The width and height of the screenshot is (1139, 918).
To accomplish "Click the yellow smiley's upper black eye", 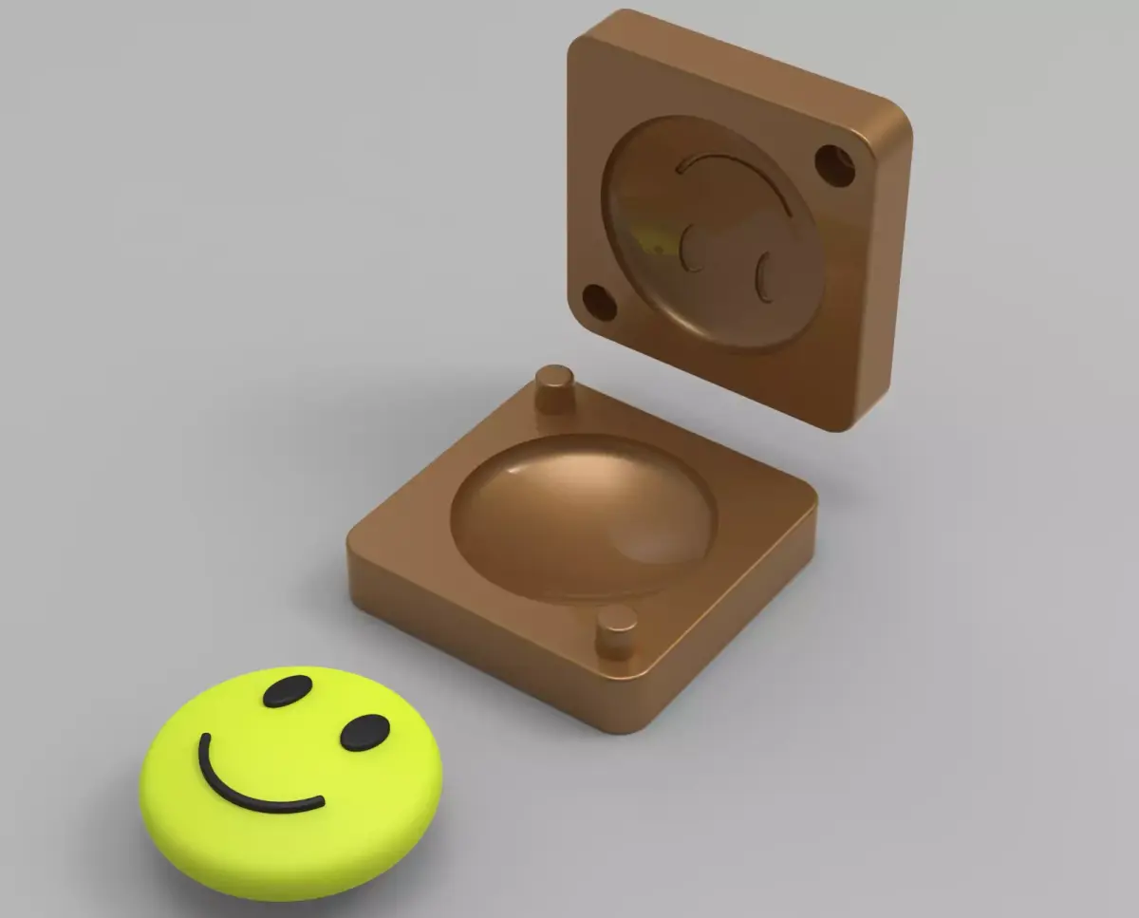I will point(288,691).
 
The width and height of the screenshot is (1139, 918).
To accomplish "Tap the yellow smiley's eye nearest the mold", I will point(364,732).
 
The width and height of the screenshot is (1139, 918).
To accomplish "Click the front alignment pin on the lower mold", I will point(616,631).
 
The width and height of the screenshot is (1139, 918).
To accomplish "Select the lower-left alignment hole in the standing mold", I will point(599,302).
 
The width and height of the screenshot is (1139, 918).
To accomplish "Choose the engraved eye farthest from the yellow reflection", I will point(763,278).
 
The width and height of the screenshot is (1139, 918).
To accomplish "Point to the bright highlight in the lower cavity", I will point(532,470).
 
